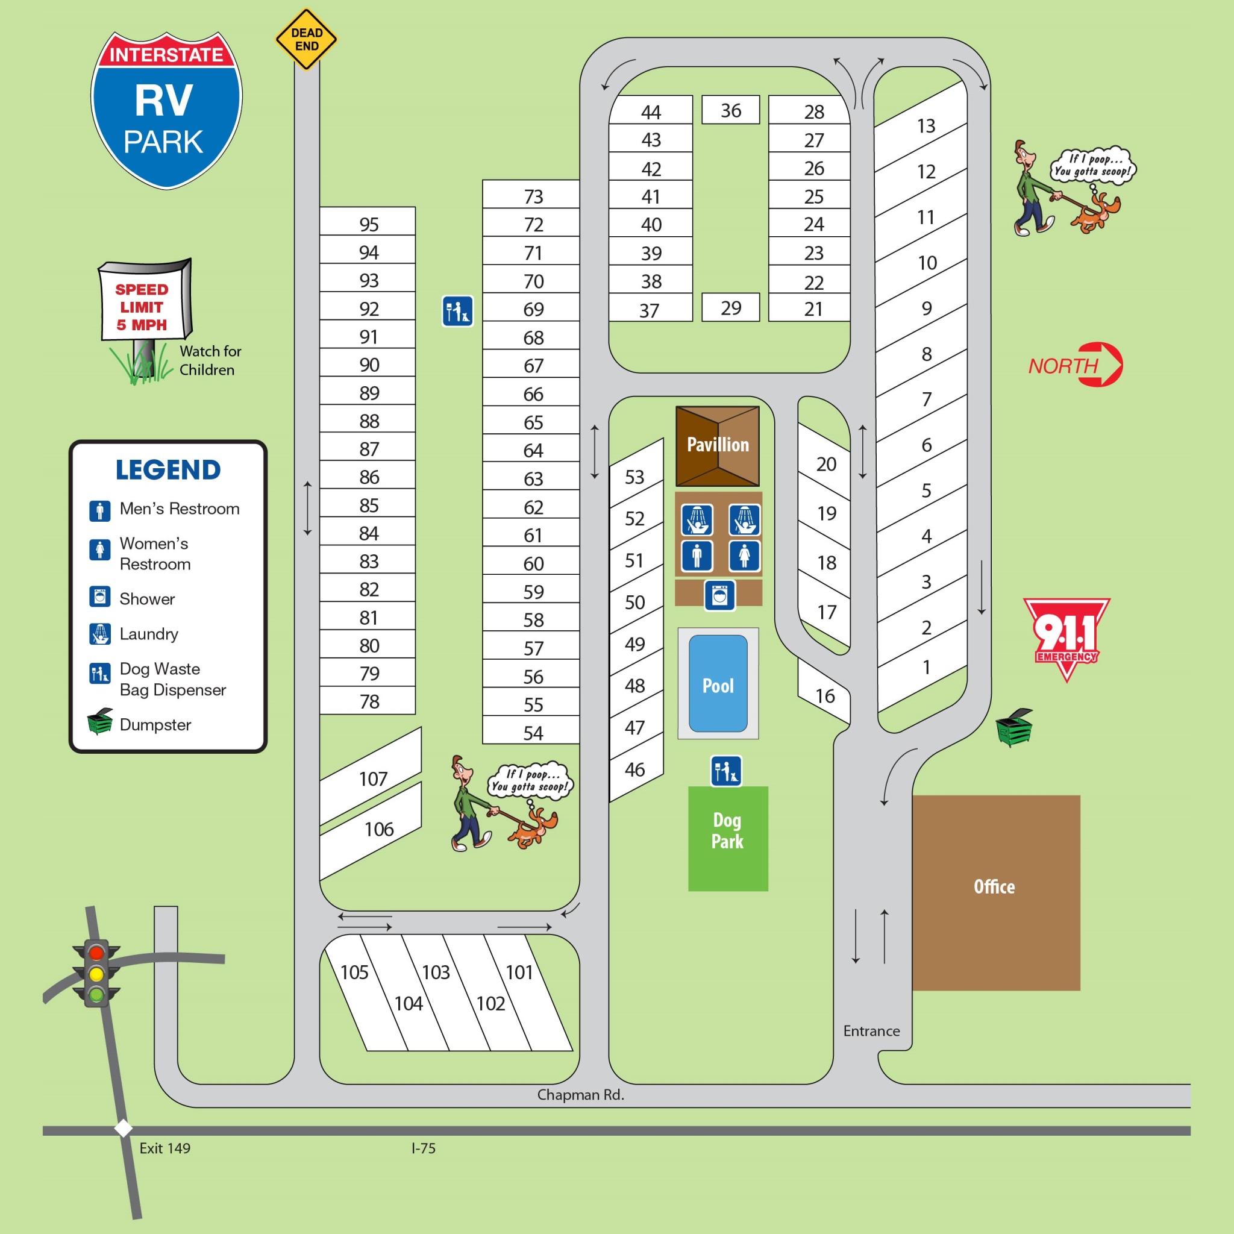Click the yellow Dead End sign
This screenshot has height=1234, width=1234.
(x=306, y=40)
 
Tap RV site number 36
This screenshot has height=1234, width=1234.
(x=731, y=110)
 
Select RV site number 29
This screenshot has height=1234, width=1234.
(x=731, y=308)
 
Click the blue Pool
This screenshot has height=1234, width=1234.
(x=718, y=684)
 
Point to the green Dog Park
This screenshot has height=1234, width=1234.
(x=727, y=838)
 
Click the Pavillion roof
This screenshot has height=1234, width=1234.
(x=717, y=445)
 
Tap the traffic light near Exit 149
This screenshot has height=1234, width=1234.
(x=96, y=974)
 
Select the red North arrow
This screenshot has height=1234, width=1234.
(x=1077, y=365)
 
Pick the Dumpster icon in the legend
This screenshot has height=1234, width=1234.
(x=100, y=722)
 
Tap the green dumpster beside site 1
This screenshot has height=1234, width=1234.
(x=1013, y=727)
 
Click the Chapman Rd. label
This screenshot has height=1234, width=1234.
(x=580, y=1095)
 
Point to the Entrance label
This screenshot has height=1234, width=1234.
(x=871, y=1031)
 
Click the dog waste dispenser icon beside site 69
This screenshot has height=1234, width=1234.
(x=457, y=311)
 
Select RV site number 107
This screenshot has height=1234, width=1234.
(x=372, y=778)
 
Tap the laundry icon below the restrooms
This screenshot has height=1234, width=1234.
(x=720, y=595)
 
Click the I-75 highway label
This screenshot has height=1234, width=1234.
(x=423, y=1148)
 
